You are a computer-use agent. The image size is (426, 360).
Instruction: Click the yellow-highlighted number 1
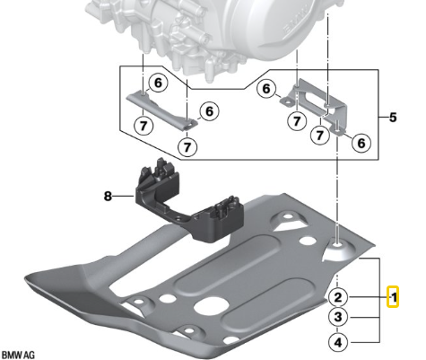point(393,295)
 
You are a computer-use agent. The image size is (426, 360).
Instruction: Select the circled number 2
point(337,296)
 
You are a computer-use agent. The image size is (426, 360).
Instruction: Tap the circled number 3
point(337,318)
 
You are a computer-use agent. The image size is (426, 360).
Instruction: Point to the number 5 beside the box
point(392,116)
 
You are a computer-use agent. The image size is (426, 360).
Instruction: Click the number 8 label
point(109,193)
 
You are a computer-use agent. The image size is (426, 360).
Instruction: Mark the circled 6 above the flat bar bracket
point(157,82)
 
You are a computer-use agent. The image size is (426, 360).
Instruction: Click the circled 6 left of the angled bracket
point(266,89)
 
